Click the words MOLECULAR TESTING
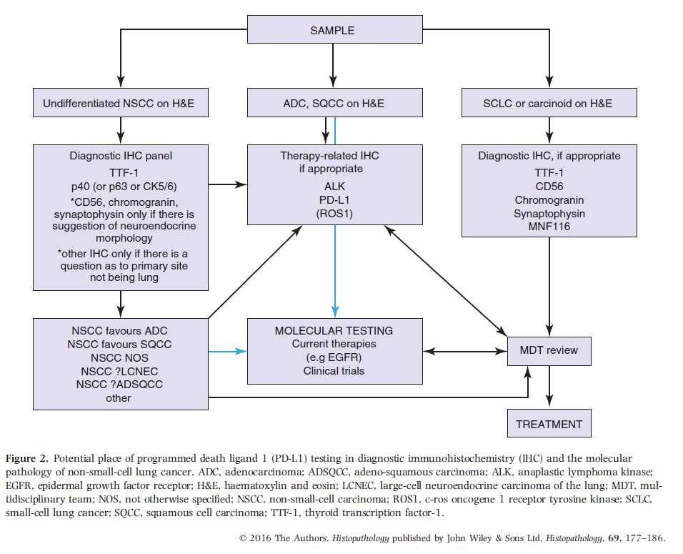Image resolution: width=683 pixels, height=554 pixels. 334,331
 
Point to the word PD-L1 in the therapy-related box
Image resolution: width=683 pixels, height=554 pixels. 334,200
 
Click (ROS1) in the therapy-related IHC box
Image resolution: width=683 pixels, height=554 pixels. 334,214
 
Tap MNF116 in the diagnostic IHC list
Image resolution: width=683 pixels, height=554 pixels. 549,227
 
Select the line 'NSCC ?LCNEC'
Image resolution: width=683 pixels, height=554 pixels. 119,372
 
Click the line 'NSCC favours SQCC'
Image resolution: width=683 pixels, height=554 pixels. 119,345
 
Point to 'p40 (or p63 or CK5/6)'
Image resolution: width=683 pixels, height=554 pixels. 124,187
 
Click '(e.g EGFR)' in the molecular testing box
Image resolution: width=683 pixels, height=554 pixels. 334,357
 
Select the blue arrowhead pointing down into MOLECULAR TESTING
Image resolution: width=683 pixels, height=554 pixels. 334,311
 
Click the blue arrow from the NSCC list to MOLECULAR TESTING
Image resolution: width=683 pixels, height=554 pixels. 227,351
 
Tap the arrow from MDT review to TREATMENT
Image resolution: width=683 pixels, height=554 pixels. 549,386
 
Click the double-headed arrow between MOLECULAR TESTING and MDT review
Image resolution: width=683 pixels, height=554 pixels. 465,351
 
